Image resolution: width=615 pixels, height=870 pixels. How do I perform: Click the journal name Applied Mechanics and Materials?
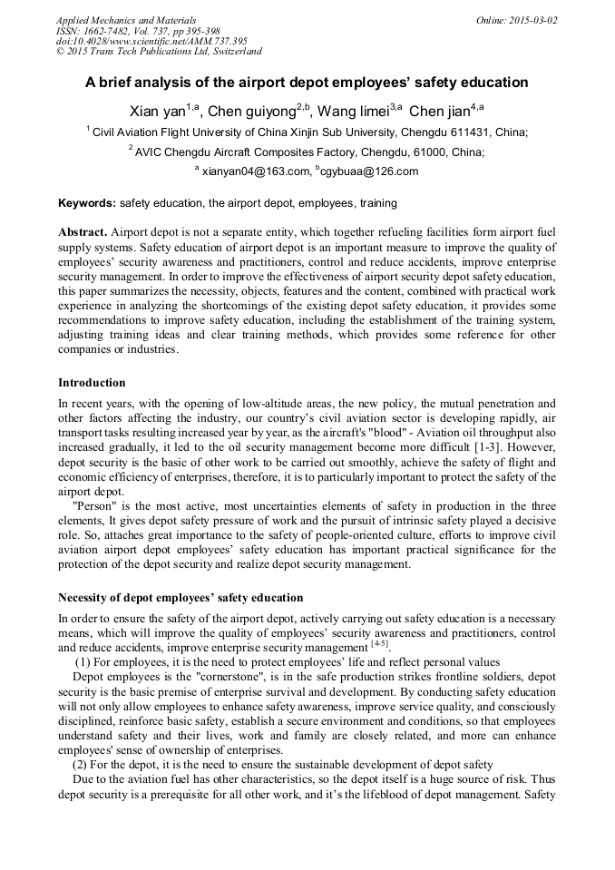[x=125, y=19]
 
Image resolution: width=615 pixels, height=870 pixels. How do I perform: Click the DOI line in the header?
[x=151, y=41]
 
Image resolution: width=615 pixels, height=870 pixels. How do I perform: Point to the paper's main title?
[x=307, y=83]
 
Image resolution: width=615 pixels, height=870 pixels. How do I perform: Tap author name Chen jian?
[x=439, y=112]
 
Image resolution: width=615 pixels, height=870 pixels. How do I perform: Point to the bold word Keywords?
[x=86, y=204]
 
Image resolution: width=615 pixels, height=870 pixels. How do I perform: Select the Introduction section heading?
[x=92, y=383]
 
